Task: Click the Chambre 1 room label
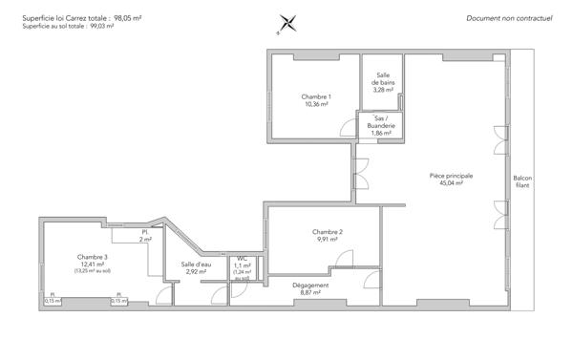point(316,96)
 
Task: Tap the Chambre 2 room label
point(327,232)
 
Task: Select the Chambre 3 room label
point(93,257)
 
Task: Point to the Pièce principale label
point(452,176)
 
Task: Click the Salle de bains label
point(383,78)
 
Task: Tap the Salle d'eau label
point(197,265)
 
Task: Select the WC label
point(242,258)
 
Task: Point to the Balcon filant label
point(522,180)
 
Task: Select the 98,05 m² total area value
point(128,18)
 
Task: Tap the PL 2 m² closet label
point(145,236)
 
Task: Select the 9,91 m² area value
point(327,240)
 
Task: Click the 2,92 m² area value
point(197,271)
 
